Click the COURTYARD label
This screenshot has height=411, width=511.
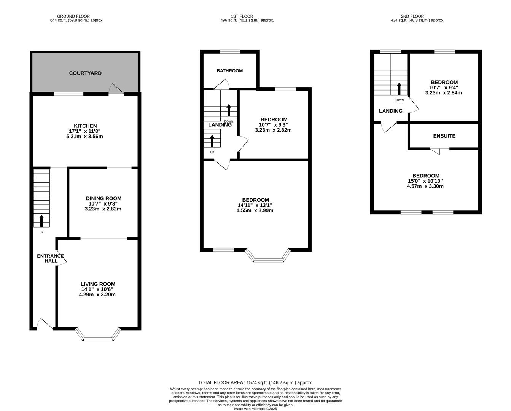click(85, 73)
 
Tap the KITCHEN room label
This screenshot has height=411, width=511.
click(85, 126)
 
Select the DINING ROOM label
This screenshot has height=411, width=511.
click(103, 198)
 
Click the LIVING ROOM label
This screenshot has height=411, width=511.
click(98, 284)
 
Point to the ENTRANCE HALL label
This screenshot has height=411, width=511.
click(51, 258)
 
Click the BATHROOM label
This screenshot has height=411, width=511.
click(229, 71)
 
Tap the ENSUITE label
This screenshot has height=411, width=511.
click(444, 136)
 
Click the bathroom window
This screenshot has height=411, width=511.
click(230, 51)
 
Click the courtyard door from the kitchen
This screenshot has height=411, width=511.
click(116, 89)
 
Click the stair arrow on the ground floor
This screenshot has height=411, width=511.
click(41, 221)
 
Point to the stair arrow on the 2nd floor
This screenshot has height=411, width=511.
click(399, 89)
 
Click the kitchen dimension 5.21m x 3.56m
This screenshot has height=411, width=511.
click(84, 137)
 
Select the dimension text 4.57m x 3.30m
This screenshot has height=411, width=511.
click(425, 186)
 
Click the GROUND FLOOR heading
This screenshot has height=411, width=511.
click(73, 16)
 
